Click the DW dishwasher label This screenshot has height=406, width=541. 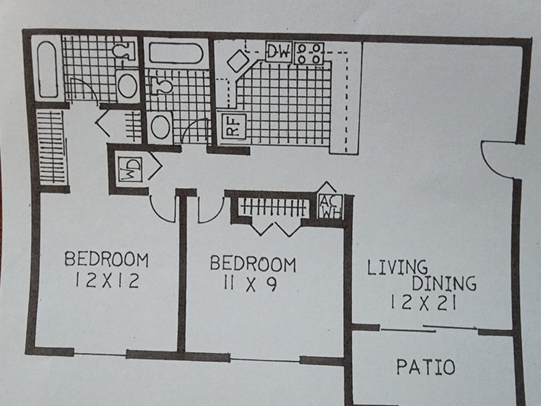click(x=279, y=52)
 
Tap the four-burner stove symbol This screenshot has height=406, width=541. click(x=309, y=53)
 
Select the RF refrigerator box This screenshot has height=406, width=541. click(x=234, y=126)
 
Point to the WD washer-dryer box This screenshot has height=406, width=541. click(x=130, y=169)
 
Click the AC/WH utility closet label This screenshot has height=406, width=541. click(x=330, y=207)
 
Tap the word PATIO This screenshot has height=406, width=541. click(x=425, y=367)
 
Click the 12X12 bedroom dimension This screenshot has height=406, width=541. click(x=107, y=280)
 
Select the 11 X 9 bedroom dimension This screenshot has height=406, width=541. click(x=250, y=284)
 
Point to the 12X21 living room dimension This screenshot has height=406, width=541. click(x=424, y=303)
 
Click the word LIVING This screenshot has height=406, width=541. click(x=397, y=267)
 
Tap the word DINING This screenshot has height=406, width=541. click(x=444, y=283)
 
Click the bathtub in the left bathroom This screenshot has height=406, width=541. click(x=48, y=69)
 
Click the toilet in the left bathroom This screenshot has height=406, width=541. click(x=124, y=50)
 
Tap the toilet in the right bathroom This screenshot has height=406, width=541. click(x=162, y=85)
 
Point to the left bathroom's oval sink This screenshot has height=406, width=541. click(x=127, y=85)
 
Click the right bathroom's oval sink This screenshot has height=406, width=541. click(x=161, y=127)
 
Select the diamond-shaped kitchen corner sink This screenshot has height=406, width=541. click(x=238, y=61)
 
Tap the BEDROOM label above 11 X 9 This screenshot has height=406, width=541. click(x=253, y=264)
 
